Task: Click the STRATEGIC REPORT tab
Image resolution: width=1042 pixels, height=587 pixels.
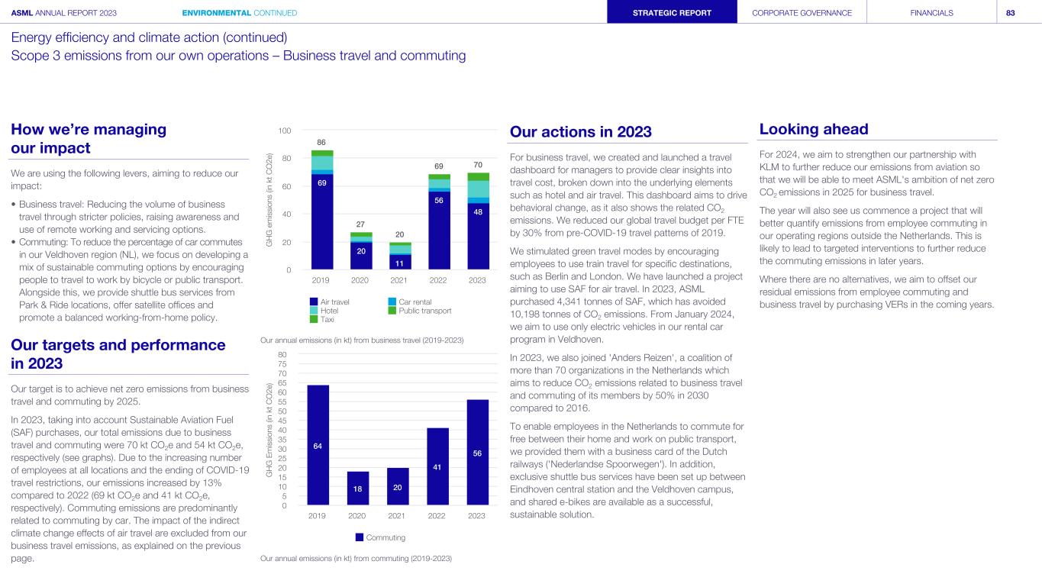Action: (672, 13)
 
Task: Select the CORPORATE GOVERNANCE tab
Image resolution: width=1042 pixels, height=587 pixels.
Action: (802, 13)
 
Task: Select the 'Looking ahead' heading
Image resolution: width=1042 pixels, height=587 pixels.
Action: (814, 129)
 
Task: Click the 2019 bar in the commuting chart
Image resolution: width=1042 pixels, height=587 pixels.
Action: (318, 445)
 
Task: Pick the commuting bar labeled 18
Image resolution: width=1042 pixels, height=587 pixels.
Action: (358, 489)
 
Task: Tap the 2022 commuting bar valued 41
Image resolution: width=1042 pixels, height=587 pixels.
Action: (437, 466)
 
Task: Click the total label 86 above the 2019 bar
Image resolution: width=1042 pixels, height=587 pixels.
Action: (322, 142)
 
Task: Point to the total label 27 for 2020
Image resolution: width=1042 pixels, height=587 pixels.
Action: (361, 224)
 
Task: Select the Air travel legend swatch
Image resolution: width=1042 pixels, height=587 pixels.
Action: (314, 302)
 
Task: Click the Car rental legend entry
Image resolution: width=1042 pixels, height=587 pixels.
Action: (409, 302)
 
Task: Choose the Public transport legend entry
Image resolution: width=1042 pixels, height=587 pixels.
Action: (418, 311)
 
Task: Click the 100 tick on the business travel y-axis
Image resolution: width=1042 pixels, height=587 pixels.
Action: (283, 131)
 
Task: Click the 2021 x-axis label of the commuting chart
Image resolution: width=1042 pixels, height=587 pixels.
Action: (397, 516)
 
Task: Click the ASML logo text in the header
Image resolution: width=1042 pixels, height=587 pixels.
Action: (22, 13)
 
